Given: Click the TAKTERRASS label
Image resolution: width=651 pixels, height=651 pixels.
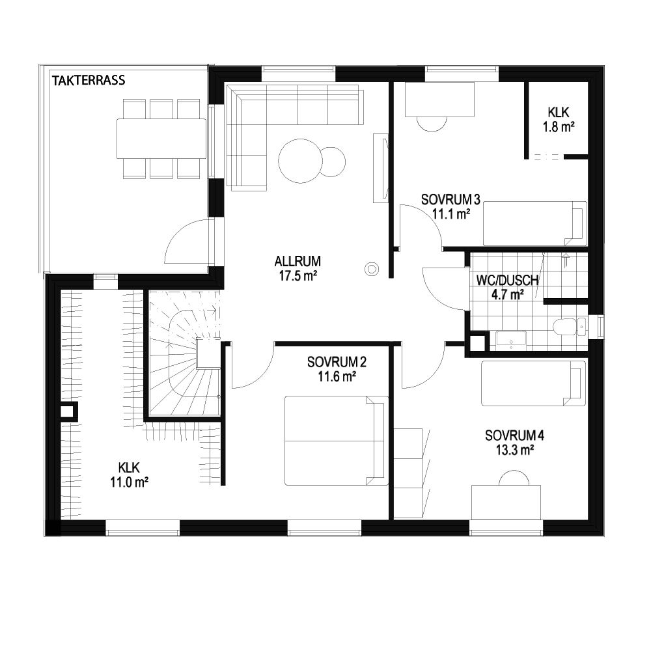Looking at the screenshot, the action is (89, 80).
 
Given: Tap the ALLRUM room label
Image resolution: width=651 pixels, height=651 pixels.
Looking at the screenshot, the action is (298, 262).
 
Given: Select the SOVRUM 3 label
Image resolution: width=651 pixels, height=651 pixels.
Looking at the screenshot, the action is (450, 200).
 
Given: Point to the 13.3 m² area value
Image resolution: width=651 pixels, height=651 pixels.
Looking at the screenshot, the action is (514, 450).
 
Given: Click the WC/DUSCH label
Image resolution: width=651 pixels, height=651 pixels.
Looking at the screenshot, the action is (507, 280).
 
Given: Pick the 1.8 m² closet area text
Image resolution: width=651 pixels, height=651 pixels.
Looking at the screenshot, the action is (559, 127).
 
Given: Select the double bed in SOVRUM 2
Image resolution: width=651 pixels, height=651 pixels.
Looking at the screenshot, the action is (336, 441).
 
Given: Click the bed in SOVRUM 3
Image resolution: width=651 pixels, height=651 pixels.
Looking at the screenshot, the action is (534, 224).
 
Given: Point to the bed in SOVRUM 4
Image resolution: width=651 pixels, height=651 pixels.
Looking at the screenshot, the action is (534, 383).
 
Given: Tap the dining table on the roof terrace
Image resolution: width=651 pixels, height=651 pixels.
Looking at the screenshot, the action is (161, 139).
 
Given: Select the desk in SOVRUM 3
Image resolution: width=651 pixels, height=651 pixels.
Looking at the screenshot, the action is (439, 100).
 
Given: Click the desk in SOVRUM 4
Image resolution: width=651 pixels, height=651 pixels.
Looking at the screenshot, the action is (506, 502).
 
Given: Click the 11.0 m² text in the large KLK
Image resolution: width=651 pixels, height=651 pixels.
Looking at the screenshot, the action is (130, 482).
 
